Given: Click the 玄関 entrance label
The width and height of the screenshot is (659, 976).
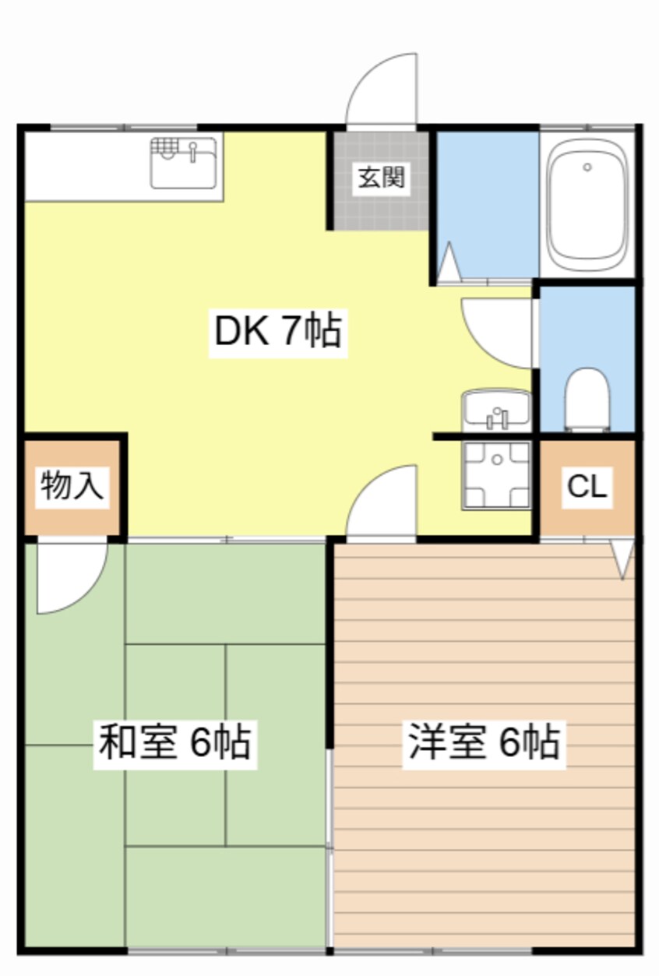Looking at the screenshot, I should pos(382,178).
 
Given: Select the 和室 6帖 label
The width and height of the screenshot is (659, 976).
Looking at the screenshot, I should pos(174,742).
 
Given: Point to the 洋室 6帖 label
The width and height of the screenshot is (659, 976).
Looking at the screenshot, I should pos(484,742).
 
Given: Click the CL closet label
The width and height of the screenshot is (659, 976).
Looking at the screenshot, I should pos(587,488).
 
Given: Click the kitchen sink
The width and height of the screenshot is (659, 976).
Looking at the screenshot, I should pos(183,163).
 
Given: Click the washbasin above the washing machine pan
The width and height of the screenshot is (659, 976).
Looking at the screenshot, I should pos(496,410).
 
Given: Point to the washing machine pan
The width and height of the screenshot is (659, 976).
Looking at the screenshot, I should pos(496,475).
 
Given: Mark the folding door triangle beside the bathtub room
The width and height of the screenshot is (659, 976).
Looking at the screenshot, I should pos(449,262).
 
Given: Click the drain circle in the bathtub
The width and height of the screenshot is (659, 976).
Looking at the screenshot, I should pos(587,167).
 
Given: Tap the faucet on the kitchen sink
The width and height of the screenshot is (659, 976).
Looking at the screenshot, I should pos(193,147).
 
